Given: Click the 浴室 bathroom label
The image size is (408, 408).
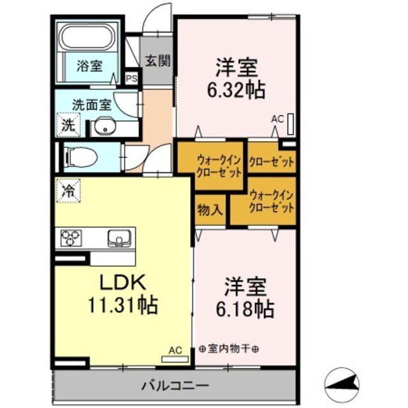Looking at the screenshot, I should [x=89, y=65].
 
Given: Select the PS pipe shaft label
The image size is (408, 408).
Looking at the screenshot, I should [x=132, y=79].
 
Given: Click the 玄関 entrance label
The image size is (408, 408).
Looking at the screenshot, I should [x=157, y=61].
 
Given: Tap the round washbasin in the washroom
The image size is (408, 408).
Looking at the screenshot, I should [x=102, y=127].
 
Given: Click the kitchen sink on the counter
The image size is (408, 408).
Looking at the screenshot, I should [x=119, y=238].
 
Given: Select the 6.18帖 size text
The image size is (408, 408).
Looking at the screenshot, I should [x=245, y=309].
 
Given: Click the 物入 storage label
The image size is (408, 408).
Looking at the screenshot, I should [x=210, y=208].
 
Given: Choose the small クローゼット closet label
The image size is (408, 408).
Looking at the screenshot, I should [x=271, y=162].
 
